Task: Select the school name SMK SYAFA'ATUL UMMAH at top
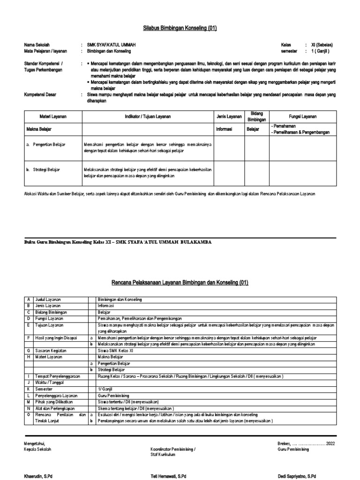coord(111,44)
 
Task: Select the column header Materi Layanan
coord(52,116)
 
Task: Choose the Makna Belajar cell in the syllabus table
coord(39,129)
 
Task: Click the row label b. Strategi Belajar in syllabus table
coord(45,169)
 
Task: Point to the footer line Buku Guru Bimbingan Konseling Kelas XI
coord(117,242)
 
